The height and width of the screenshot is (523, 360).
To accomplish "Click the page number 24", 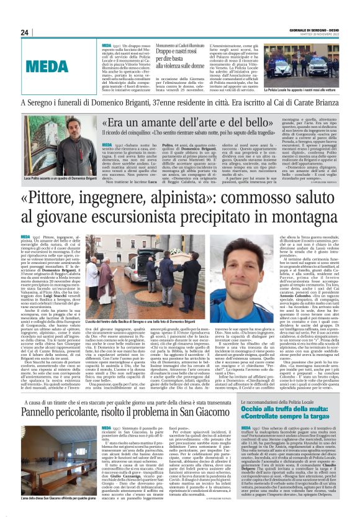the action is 25,32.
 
